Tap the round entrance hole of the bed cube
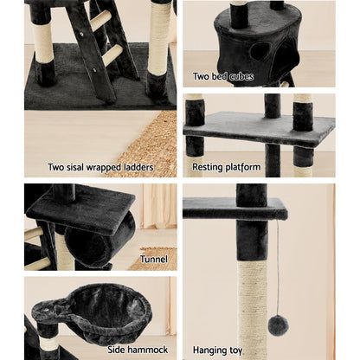(x=260, y=50)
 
